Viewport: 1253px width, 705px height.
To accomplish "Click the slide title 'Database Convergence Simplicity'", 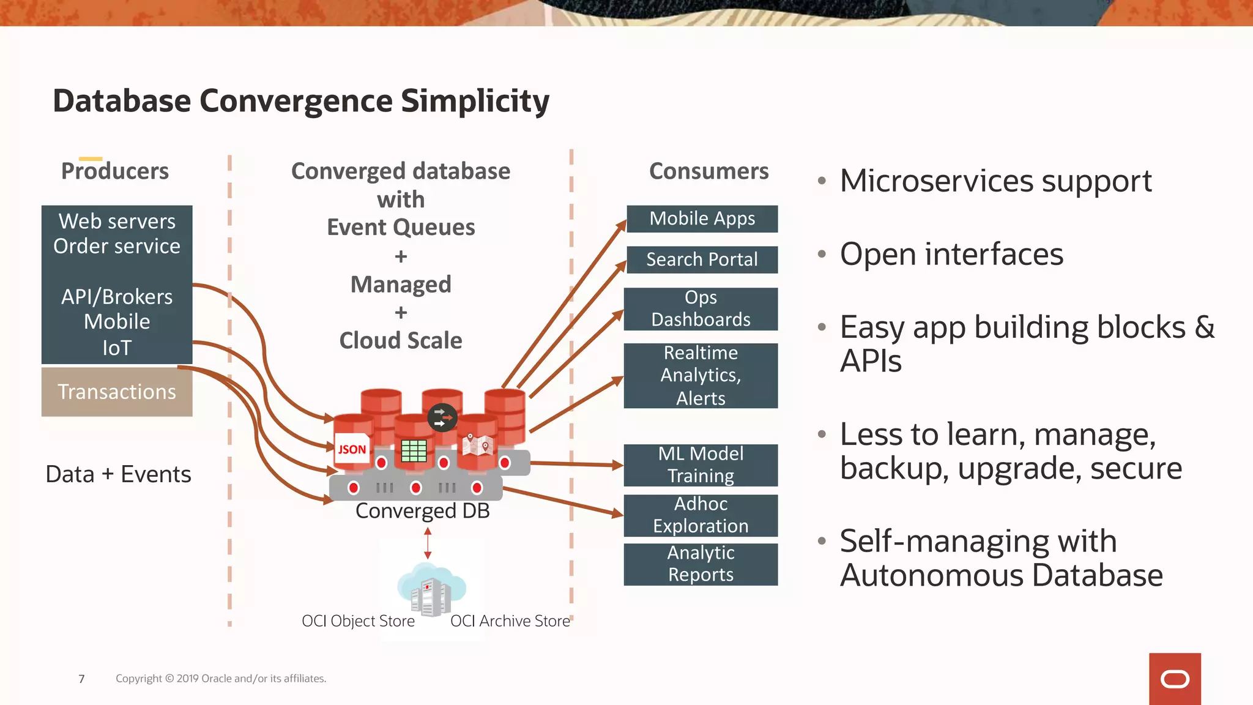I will click(301, 101).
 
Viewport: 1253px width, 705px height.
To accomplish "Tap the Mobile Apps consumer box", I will click(702, 218).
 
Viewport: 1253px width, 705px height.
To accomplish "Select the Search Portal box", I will click(702, 259).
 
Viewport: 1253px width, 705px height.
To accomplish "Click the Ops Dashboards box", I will click(701, 308).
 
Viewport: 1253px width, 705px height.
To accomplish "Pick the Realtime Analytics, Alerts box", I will click(701, 375).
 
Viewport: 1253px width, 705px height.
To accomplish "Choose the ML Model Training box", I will click(701, 464).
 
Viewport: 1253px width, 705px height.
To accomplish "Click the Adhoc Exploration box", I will click(701, 515).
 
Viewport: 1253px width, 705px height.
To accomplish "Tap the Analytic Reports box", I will click(701, 564).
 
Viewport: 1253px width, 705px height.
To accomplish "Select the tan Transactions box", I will click(117, 392).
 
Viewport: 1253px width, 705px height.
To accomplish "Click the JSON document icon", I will click(352, 450).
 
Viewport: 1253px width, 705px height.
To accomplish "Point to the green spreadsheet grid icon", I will click(414, 451).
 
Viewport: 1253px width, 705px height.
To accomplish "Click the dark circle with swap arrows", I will click(442, 418).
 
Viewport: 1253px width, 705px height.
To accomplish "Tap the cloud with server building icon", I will click(432, 589).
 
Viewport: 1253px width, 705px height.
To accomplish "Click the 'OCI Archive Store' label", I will click(510, 621).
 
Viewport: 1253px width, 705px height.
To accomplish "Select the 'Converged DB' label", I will click(422, 511).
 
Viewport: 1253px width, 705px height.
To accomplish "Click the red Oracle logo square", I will click(1175, 679).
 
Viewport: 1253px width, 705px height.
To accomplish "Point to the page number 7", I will click(81, 679).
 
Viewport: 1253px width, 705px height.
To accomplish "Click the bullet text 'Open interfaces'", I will click(951, 254).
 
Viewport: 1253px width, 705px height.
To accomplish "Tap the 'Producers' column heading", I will click(115, 171).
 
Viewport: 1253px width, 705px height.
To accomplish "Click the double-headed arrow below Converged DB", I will click(428, 543).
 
